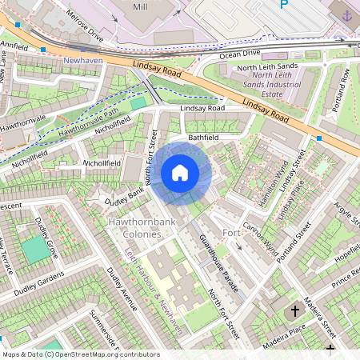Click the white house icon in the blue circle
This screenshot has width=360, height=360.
pyautogui.click(x=180, y=172)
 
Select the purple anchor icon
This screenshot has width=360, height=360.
pyautogui.click(x=346, y=15)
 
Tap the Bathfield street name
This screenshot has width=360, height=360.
pyautogui.click(x=203, y=138)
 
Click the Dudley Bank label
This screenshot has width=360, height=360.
pyautogui.click(x=123, y=193)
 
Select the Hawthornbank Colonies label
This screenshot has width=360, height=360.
pyautogui.click(x=133, y=227)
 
